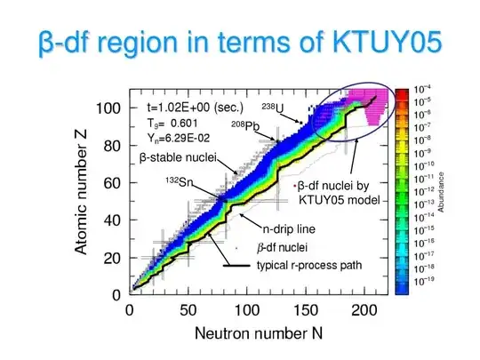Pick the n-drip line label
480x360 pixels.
click(x=290, y=228)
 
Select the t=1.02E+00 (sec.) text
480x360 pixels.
click(x=190, y=103)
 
